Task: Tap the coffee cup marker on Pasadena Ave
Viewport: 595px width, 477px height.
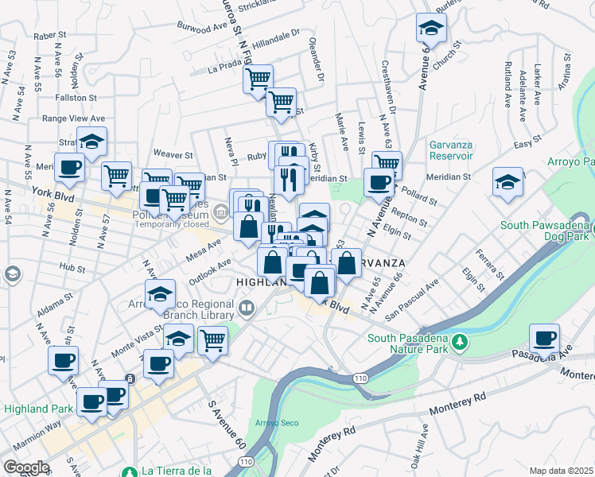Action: (x=544, y=339)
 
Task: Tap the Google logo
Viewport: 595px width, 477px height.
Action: (x=26, y=467)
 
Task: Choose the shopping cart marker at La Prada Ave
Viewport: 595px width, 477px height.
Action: (x=258, y=80)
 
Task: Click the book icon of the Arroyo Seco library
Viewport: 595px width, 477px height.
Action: (x=247, y=308)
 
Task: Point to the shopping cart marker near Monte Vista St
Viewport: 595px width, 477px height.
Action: (x=212, y=340)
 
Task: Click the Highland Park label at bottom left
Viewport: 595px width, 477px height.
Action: (x=37, y=409)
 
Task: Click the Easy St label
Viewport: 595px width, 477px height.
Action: (x=522, y=144)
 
